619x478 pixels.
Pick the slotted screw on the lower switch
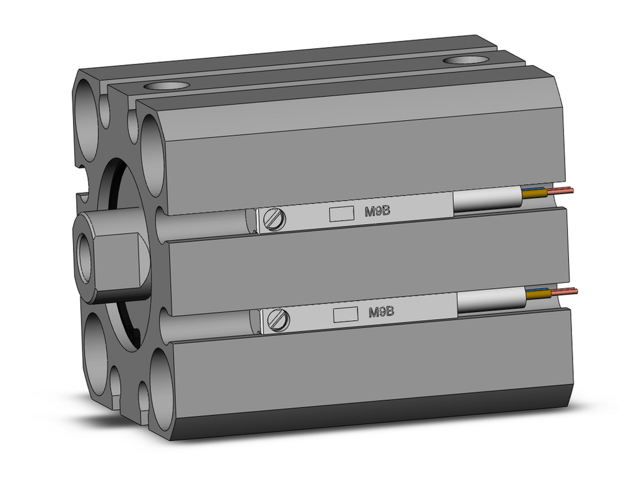[280, 319]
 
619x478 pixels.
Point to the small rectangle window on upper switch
[339, 214]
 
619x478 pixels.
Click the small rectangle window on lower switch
[344, 314]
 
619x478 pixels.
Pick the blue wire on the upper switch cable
[536, 189]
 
